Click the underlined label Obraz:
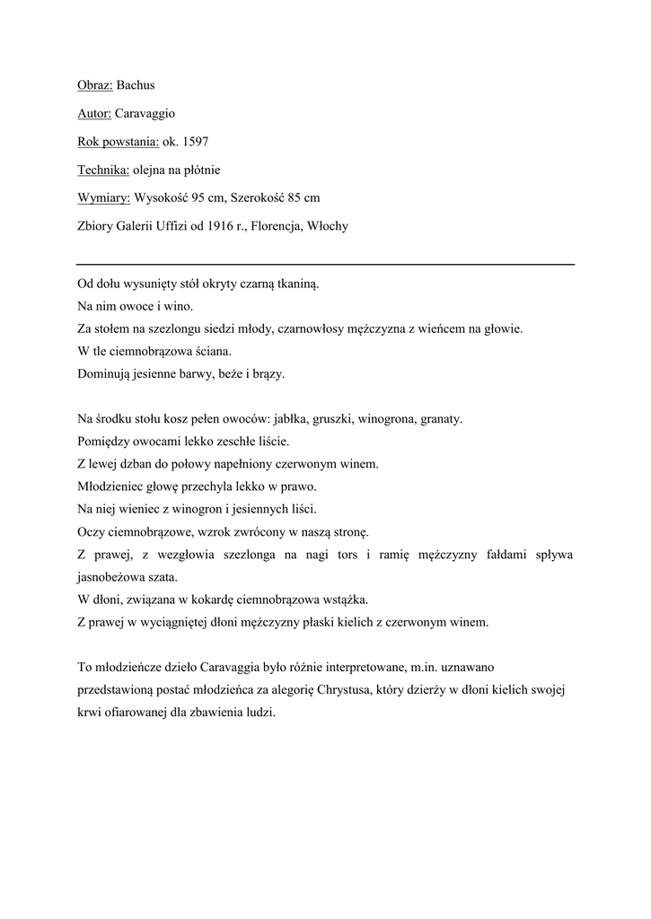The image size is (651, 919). [94, 85]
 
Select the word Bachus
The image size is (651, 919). [136, 85]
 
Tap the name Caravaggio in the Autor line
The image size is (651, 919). [145, 114]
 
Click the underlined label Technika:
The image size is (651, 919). [104, 170]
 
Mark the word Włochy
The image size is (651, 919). [331, 226]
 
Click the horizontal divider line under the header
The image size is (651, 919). [325, 265]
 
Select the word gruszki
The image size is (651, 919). [334, 419]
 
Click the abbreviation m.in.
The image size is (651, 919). [420, 668]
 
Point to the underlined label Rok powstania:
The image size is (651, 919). [118, 142]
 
